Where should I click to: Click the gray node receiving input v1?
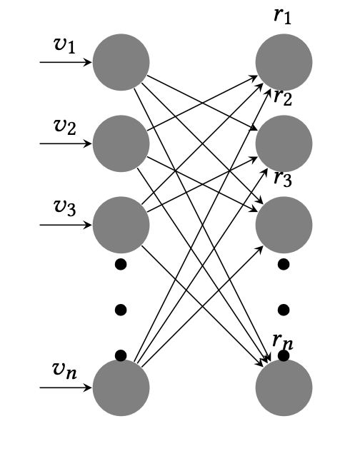121,62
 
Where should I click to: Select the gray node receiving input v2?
121,143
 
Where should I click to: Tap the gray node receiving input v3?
121,225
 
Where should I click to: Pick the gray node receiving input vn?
121,387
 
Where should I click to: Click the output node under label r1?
284,62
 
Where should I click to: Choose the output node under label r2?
284,143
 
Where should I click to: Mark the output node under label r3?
284,225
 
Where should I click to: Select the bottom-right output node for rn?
284,387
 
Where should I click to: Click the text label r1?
283,16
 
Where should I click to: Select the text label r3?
283,178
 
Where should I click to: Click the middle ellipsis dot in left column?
121,310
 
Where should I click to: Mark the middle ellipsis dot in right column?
284,310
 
